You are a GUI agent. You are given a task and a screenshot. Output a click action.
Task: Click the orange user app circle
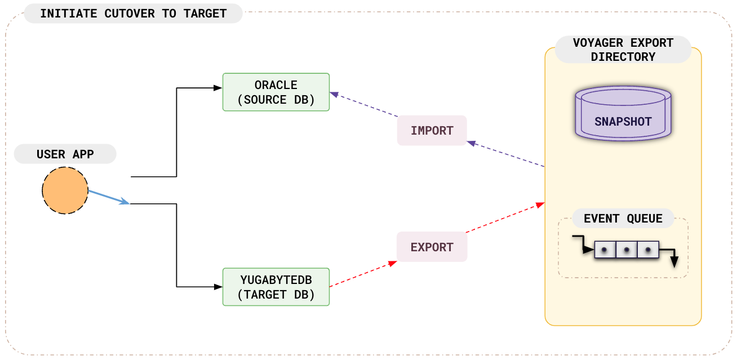[x=65, y=190]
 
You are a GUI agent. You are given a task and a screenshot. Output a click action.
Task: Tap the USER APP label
[x=65, y=154]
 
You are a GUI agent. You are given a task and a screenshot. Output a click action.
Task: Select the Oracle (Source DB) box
[x=276, y=92]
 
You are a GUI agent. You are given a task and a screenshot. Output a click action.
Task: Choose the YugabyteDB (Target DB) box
[x=276, y=287]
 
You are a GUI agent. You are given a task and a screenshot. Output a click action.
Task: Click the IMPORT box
[x=432, y=131]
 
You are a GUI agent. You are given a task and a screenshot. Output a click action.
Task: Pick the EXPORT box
[x=432, y=247]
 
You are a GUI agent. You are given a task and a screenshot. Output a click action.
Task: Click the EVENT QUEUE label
[x=623, y=219]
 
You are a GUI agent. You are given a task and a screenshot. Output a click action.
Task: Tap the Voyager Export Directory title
[x=623, y=50]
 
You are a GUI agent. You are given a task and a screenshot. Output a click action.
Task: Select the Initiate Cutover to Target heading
[x=134, y=14]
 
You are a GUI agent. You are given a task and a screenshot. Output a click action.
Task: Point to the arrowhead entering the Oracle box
[x=218, y=88]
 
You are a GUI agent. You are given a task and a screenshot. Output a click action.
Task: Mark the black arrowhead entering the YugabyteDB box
[x=218, y=287]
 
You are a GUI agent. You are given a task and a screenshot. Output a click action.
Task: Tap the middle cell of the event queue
[x=627, y=250]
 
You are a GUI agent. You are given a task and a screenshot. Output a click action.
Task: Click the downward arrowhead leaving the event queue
[x=674, y=262]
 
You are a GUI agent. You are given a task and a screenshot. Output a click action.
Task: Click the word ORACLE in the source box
[x=276, y=85]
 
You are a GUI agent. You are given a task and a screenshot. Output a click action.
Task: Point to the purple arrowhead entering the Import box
[x=471, y=143]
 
